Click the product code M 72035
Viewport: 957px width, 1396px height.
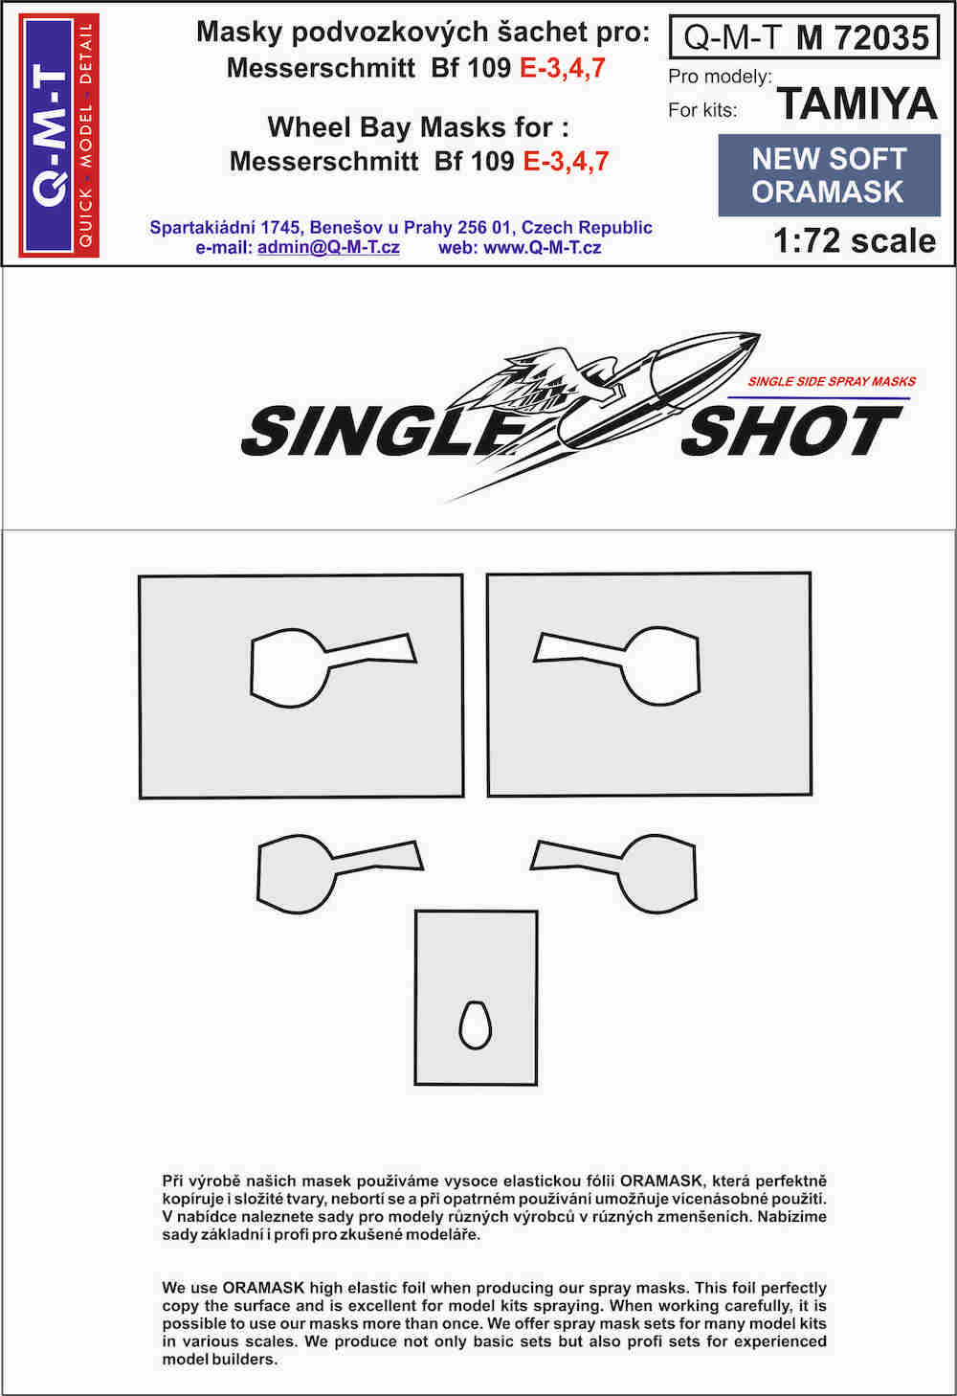pyautogui.click(x=862, y=37)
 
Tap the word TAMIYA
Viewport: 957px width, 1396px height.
pyautogui.click(x=857, y=104)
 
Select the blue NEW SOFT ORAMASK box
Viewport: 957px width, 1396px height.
pyautogui.click(x=830, y=175)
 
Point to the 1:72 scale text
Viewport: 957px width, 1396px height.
pyautogui.click(x=855, y=240)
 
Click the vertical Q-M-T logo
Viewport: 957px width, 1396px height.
pyautogui.click(x=58, y=135)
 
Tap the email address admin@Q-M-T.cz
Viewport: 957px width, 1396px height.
pyautogui.click(x=328, y=247)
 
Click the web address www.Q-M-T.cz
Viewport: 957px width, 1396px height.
pyautogui.click(x=542, y=247)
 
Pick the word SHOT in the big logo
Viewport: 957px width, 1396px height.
pyautogui.click(x=792, y=430)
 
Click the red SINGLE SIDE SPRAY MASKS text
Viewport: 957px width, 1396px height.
pyautogui.click(x=832, y=381)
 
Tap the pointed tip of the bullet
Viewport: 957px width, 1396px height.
pyautogui.click(x=760, y=335)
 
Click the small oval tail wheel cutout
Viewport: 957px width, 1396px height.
pyautogui.click(x=476, y=1025)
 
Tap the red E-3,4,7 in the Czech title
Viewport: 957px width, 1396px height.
pyautogui.click(x=562, y=67)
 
